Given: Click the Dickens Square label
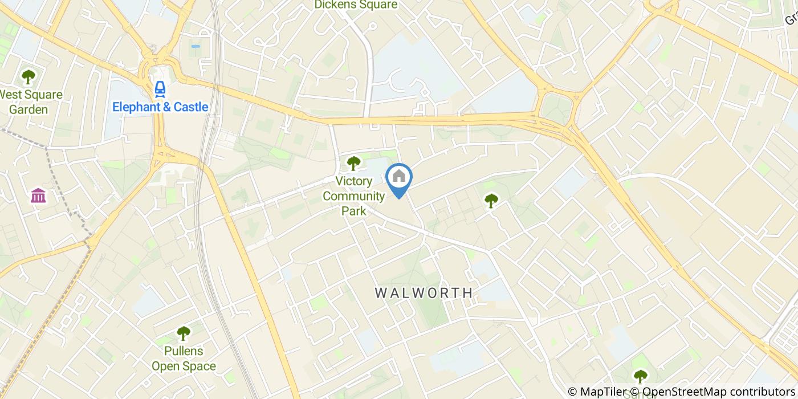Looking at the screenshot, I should [356, 5].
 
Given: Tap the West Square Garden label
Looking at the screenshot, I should [31, 102].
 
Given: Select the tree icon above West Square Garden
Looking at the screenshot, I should [27, 76].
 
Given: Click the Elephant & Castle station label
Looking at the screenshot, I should [160, 107].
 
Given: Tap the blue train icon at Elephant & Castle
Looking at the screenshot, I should [160, 89].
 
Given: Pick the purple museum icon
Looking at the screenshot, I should [39, 196].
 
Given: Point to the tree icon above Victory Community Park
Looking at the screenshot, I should [354, 163].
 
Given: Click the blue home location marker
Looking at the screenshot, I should [399, 178].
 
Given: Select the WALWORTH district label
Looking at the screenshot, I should [424, 293].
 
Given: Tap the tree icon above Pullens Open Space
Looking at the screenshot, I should [183, 333].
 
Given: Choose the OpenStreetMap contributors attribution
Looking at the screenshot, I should [718, 392].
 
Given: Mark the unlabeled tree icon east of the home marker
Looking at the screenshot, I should [491, 200].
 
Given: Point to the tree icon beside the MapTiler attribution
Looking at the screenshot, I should [641, 376].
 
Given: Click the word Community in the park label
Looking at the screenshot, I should [354, 197].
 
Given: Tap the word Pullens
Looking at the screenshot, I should [184, 351].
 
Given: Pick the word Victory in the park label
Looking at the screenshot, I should [354, 182].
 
